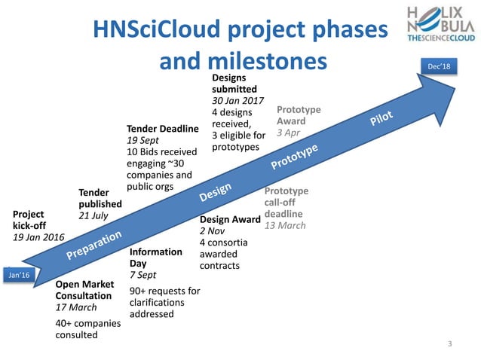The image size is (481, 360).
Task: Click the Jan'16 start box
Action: (x=17, y=276)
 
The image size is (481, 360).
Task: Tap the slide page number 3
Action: (x=450, y=344)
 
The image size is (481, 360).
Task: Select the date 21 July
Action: (x=93, y=215)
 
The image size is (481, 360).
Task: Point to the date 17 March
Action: (x=76, y=307)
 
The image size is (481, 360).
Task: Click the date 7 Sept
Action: (x=142, y=276)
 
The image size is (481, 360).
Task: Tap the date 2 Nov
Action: (x=212, y=231)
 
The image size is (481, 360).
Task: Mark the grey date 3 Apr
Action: (x=288, y=133)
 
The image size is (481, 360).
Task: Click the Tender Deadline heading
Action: (x=162, y=129)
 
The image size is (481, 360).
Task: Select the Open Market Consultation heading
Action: (x=84, y=290)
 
